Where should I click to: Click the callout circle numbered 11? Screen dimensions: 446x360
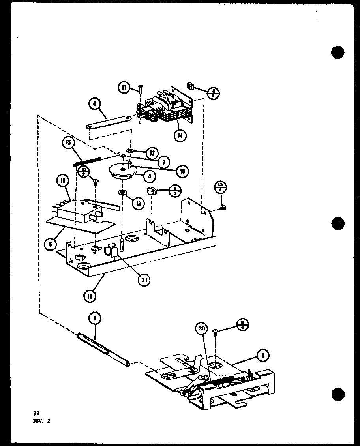click(x=125, y=88)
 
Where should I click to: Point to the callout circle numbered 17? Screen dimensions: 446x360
click(x=152, y=152)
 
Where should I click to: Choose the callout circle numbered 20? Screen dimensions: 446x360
click(x=201, y=328)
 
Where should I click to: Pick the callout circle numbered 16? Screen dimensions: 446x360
click(x=64, y=181)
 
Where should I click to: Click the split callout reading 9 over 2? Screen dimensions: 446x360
click(x=175, y=191)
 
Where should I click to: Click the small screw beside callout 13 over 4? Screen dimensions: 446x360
click(x=223, y=208)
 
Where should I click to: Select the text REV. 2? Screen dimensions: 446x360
click(x=42, y=421)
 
